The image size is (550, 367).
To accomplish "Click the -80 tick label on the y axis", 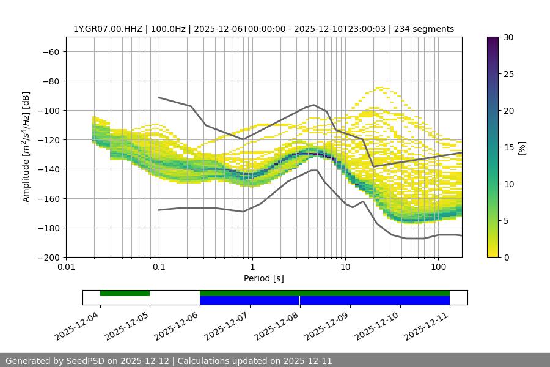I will [51, 81].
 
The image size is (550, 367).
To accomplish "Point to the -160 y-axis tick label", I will [49, 199].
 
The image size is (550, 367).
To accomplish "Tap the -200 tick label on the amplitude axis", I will [49, 258].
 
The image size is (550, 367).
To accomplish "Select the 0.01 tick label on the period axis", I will [66, 267].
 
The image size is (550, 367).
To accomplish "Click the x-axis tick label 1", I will [252, 267].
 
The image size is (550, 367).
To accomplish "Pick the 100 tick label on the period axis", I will [438, 267].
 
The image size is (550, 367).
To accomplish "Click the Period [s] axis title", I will [263, 278].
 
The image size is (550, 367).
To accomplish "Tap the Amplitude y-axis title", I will [26, 147].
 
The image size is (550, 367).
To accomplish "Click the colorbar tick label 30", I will [508, 37].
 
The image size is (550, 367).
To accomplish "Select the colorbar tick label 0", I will [505, 258].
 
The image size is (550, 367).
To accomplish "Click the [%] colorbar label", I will [522, 147].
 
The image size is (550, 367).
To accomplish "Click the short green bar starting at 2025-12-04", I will [125, 293].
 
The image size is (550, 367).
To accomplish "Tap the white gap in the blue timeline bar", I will [299, 300].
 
